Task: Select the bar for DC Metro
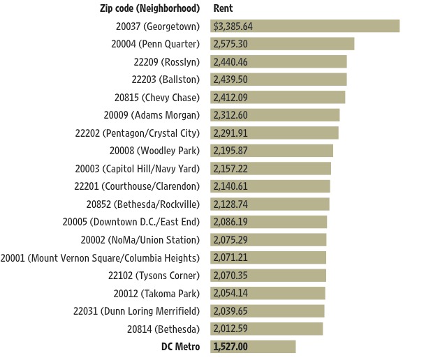click(253, 346)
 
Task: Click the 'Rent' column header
click(223, 8)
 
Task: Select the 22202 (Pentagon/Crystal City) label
click(137, 133)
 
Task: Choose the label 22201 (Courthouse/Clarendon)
click(137, 186)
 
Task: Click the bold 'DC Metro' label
click(180, 346)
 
